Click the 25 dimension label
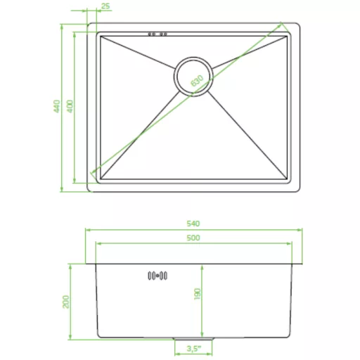(105, 6)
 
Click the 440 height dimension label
(57, 106)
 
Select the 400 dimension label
(70, 106)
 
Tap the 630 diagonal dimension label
(197, 80)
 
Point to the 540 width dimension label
(193, 224)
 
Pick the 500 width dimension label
(193, 238)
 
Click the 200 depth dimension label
(66, 302)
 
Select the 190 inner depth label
(198, 294)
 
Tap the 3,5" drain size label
(194, 349)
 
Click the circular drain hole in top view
(193, 77)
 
